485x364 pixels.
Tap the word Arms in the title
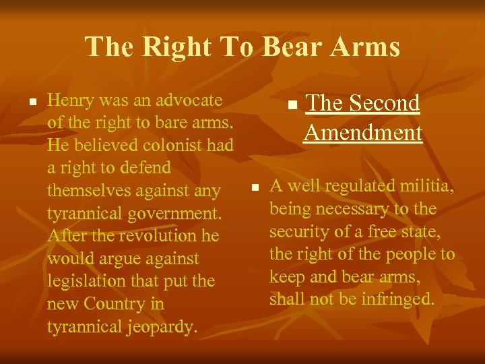click(x=365, y=47)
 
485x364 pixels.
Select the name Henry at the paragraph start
click(x=71, y=100)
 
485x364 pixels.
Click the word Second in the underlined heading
click(x=384, y=103)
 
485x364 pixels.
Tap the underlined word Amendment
click(x=363, y=133)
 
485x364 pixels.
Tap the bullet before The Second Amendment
click(x=291, y=106)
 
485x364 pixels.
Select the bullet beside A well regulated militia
click(x=254, y=187)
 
